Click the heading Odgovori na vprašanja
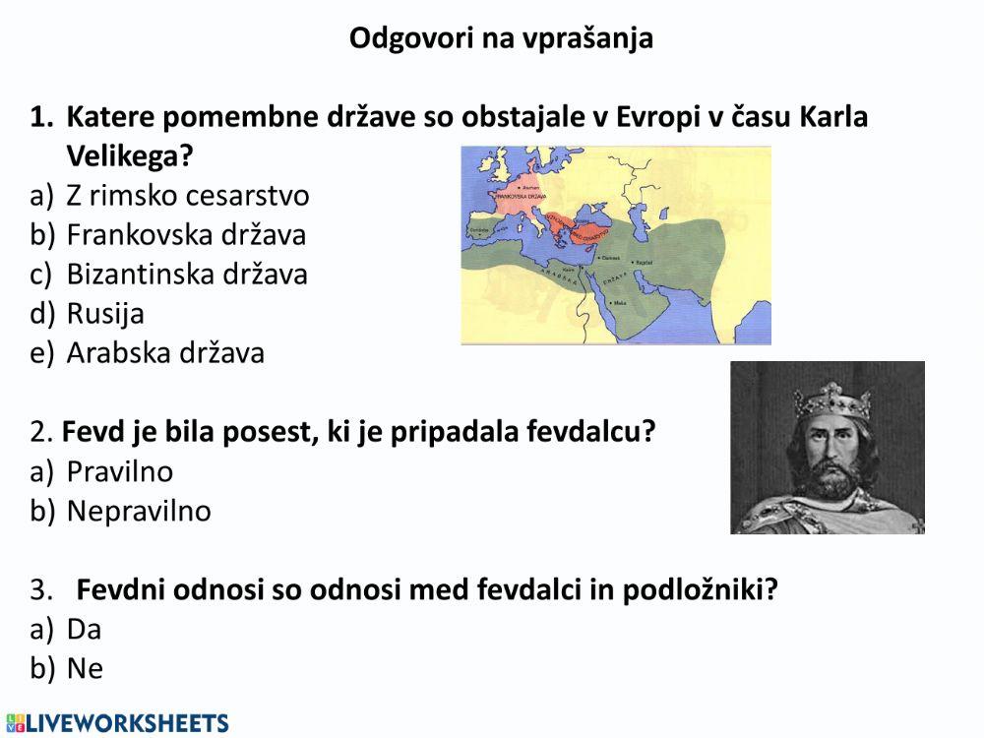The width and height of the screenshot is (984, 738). coord(502,39)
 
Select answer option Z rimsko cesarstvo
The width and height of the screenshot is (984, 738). coord(187,196)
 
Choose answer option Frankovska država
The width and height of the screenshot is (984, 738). coord(186,235)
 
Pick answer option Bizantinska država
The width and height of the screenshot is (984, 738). coord(187,275)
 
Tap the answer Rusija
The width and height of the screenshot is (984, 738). coord(105,314)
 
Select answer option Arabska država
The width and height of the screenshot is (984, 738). coord(165,353)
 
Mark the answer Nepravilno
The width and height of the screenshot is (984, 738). coord(139,512)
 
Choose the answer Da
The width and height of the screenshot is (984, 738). coord(85,630)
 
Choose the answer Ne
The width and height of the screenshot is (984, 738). coord(85,669)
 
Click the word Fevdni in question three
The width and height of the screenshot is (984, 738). coord(117,590)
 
